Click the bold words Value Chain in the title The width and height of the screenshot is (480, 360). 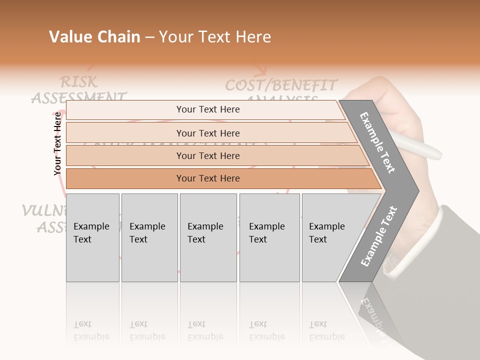pyautogui.click(x=94, y=37)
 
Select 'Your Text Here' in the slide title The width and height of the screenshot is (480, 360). pyautogui.click(x=215, y=37)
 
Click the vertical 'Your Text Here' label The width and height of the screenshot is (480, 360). pyautogui.click(x=57, y=144)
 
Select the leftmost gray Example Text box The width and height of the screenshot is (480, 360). pyautogui.click(x=92, y=237)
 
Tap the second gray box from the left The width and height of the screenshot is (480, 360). pyautogui.click(x=149, y=237)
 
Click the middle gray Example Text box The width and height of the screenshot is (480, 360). pyautogui.click(x=208, y=237)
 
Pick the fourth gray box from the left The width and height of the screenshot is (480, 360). pyautogui.click(x=269, y=237)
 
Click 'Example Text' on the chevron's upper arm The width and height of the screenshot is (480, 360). pyautogui.click(x=377, y=142)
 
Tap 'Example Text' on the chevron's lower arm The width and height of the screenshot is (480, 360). pyautogui.click(x=379, y=236)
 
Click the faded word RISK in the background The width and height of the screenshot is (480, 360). pyautogui.click(x=78, y=81)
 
